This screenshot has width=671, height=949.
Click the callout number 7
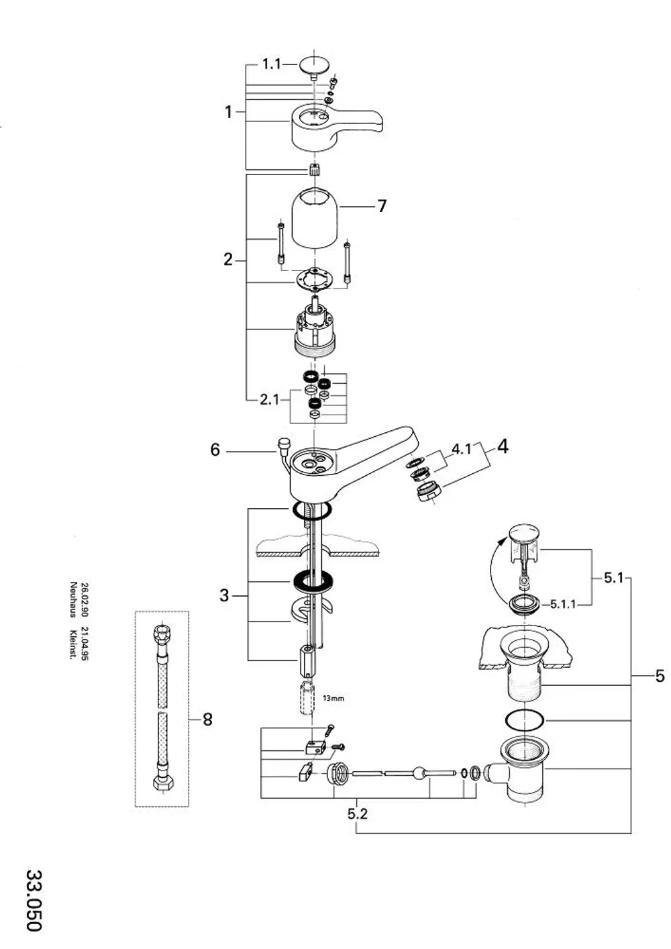(382, 206)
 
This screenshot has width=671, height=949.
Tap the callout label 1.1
(272, 64)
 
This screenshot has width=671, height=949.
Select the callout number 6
(215, 450)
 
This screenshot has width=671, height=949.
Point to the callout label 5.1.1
(563, 604)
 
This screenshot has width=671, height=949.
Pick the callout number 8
(207, 719)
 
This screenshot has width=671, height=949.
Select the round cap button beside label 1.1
(315, 67)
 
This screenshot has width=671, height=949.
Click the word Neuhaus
(73, 599)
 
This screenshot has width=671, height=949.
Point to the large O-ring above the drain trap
(524, 719)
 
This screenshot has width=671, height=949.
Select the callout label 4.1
(461, 449)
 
